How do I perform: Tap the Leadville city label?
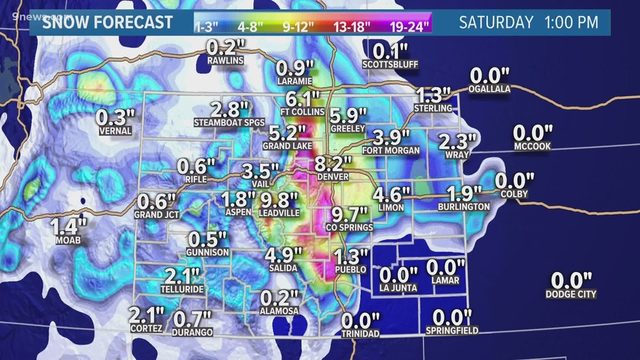tap(279, 213)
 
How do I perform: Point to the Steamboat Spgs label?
tap(221, 122)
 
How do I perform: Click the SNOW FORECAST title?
tap(108, 22)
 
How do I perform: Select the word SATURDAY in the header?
tap(496, 22)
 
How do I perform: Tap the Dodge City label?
tap(570, 294)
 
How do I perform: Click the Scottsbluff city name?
tap(390, 64)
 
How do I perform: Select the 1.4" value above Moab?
tap(69, 227)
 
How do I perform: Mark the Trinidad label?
tap(360, 334)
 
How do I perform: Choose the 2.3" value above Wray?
tap(457, 141)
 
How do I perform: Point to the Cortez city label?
tap(146, 329)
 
